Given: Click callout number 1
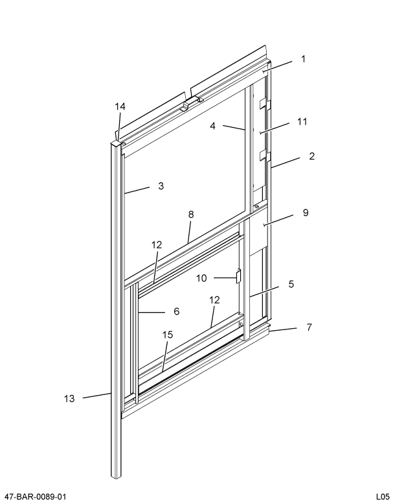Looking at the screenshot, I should click(x=303, y=59).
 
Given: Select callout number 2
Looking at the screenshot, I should click(x=311, y=156).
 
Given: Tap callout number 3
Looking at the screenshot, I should click(x=160, y=186).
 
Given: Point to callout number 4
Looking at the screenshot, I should click(x=212, y=126).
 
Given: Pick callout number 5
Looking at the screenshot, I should click(x=291, y=284).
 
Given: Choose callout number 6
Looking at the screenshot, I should click(x=175, y=311).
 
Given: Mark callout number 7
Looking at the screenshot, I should click(x=309, y=327).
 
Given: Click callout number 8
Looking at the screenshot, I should click(x=190, y=214).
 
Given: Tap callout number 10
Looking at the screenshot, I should click(x=201, y=278).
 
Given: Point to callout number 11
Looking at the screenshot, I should click(x=302, y=121).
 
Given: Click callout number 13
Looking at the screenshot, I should click(x=69, y=398).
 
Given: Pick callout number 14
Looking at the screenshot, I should click(x=120, y=106).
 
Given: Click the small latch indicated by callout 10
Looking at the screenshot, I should click(x=238, y=277).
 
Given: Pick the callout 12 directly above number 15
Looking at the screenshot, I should click(x=214, y=300).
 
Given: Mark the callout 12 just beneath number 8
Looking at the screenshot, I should click(x=157, y=245).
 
